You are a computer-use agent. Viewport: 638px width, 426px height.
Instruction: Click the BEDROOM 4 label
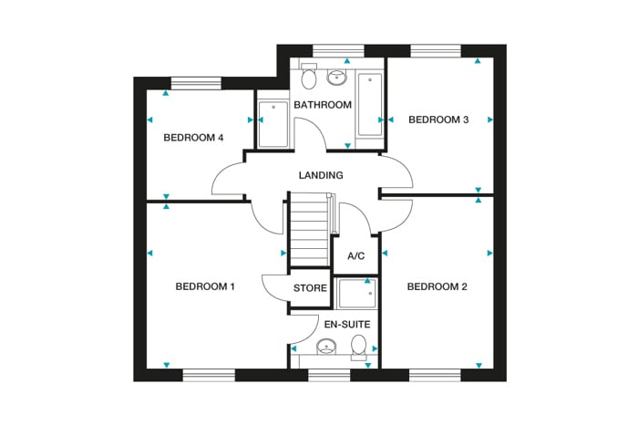point(193,138)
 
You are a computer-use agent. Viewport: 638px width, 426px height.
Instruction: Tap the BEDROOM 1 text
point(205,286)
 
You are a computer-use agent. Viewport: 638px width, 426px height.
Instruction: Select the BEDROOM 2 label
point(437,286)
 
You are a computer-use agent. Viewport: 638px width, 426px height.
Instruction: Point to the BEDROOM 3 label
point(438,119)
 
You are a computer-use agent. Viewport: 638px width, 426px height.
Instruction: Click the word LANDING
point(321,175)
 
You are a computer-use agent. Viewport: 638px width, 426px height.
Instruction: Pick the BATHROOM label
point(322,105)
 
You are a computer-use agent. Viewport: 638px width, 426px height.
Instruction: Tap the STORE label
point(310,289)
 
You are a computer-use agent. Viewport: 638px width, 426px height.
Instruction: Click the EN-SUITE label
point(347,323)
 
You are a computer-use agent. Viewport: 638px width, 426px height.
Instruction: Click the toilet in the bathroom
point(307,77)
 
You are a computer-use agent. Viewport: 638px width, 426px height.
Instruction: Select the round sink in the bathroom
point(336,77)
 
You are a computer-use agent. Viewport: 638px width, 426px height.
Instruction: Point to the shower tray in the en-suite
point(356,294)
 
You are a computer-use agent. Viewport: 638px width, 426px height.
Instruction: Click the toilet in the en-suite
point(359,346)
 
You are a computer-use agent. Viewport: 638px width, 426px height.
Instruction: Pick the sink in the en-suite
point(327,348)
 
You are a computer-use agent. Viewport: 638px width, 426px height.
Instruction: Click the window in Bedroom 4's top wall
point(197,83)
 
